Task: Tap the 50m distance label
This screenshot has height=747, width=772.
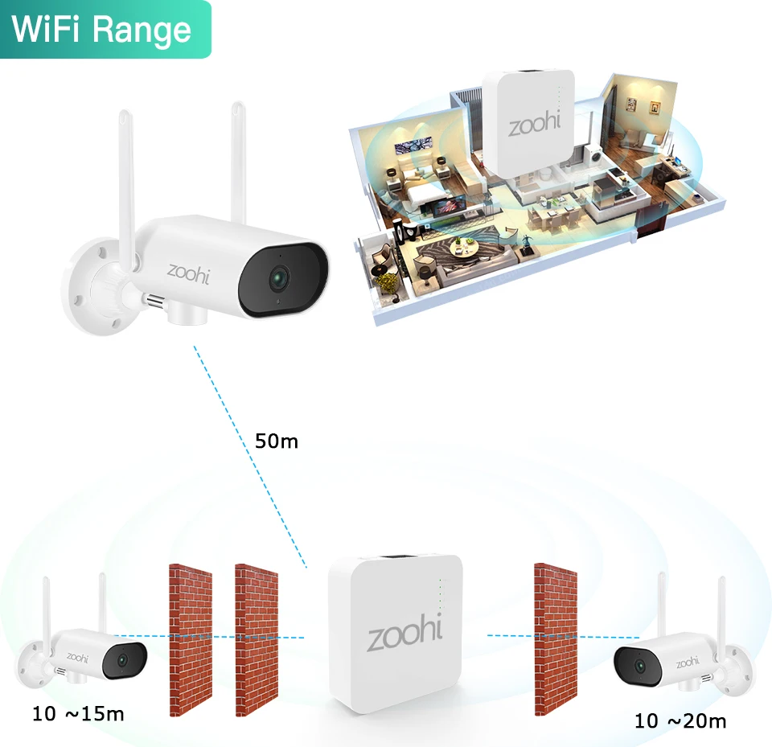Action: click(x=276, y=441)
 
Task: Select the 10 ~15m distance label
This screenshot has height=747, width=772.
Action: click(x=78, y=713)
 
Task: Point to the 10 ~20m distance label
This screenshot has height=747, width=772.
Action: click(x=680, y=721)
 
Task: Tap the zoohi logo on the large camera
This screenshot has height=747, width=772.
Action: click(x=188, y=272)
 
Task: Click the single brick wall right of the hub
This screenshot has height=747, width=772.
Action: click(x=556, y=638)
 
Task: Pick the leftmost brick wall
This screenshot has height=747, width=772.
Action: click(x=191, y=640)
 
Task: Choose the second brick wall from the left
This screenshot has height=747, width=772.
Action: click(x=257, y=640)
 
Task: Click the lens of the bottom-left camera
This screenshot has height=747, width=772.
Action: click(x=122, y=659)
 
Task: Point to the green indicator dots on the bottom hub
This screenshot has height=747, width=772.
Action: click(x=440, y=596)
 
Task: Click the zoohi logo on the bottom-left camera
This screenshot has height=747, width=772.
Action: click(x=77, y=657)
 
